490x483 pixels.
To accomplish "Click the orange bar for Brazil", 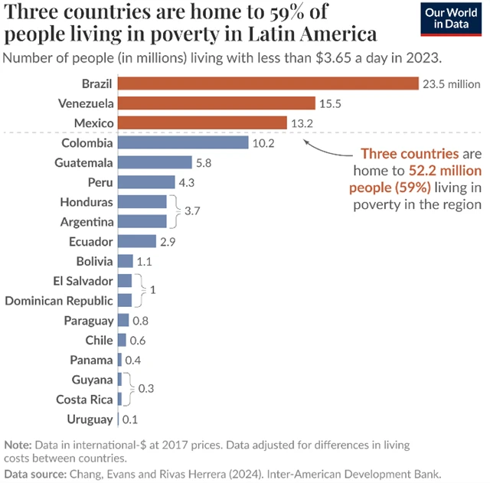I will (x=268, y=83).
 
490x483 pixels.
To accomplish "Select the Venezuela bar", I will (x=217, y=103).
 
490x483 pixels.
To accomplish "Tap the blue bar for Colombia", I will (x=183, y=142).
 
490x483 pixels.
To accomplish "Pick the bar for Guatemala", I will (x=155, y=162).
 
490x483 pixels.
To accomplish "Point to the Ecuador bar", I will (x=137, y=241).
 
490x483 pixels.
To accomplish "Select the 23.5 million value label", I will (x=451, y=84).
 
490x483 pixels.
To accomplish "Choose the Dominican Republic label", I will (x=59, y=301).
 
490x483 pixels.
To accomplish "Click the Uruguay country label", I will (x=90, y=419).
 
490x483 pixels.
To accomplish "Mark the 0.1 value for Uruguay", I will (x=130, y=419).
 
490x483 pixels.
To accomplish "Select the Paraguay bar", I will (x=122, y=321).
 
